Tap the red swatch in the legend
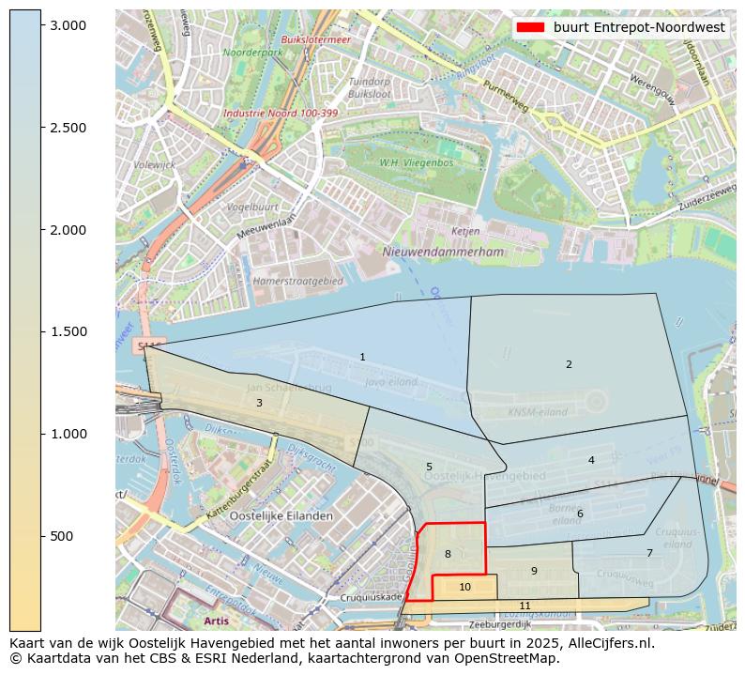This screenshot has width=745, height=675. coord(530,27)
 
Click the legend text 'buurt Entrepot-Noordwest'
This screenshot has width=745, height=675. coord(639,27)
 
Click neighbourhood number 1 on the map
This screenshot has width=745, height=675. coord(362,357)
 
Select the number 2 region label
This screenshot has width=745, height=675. coord(569,364)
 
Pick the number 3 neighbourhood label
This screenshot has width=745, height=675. coord(259,403)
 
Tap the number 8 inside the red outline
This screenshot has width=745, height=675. coord(448,554)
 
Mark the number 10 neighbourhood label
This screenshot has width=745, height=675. coord(465,587)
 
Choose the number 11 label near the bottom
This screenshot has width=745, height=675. coord(525,606)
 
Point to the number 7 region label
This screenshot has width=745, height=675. coord(649,553)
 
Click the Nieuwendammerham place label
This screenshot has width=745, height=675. coord(443,252)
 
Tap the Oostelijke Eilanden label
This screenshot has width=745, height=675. coord(281,516)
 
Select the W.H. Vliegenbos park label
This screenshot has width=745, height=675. coord(417,162)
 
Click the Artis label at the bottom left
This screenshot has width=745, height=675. coord(216,621)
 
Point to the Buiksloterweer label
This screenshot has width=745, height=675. coord(316,39)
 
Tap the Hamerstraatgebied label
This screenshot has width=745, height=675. coord(298,281)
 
